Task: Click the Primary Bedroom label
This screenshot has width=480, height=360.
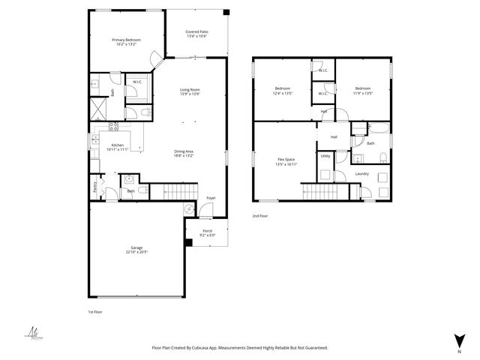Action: pos(126,40)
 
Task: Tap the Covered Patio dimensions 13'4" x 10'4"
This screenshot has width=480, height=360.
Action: pos(197,36)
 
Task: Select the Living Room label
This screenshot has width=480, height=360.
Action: pos(189,89)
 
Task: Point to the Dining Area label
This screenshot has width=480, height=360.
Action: pos(184,151)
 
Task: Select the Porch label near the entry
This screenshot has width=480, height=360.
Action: pos(207,230)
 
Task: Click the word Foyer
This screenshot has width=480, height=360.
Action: pos(211,198)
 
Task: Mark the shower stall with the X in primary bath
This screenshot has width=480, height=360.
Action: pos(98,109)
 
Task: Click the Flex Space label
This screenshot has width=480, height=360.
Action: pos(286,160)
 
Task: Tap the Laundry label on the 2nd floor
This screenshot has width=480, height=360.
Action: pos(362,174)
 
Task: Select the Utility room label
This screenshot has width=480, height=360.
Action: pos(325,156)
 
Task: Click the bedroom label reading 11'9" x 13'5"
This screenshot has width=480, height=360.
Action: pos(363,88)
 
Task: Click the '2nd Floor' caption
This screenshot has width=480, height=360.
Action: pos(260,215)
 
